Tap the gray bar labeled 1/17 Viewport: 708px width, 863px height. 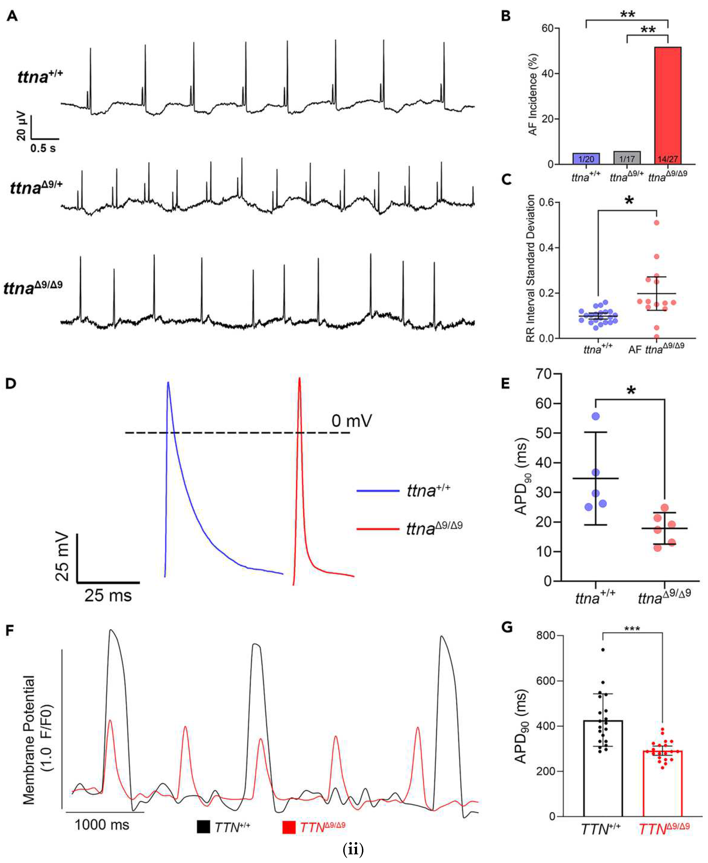(627, 158)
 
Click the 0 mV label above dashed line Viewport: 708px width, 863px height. (352, 421)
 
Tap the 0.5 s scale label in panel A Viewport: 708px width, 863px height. (43, 148)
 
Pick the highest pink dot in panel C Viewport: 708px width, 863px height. (656, 223)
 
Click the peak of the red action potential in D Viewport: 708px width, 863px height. (299, 379)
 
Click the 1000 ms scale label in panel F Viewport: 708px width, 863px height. (102, 825)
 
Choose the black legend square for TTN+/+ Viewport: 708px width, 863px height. (203, 827)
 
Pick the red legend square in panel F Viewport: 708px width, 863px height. (289, 827)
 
